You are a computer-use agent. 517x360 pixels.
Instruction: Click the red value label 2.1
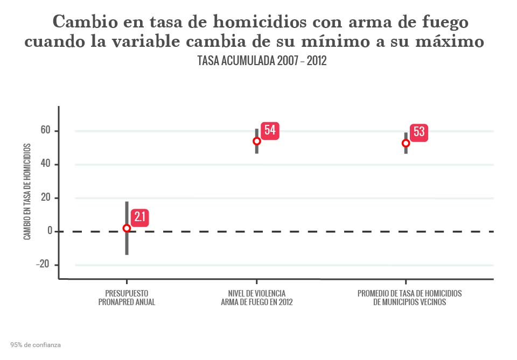(139, 217)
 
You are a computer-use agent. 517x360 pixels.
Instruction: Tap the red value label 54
(270, 130)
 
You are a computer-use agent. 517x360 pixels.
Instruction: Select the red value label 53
(419, 132)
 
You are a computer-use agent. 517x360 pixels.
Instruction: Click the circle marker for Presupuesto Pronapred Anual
(127, 228)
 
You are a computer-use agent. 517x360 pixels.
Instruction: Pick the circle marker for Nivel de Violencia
(257, 141)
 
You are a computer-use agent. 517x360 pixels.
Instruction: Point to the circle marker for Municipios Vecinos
(406, 143)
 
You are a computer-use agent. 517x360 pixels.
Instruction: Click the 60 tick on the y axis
(44, 131)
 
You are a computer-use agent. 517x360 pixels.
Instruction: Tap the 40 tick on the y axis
(44, 164)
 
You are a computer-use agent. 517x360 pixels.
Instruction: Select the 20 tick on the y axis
(44, 198)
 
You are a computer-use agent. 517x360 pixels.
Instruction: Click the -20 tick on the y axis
(43, 265)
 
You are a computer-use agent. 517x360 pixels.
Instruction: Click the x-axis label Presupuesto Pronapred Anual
(127, 298)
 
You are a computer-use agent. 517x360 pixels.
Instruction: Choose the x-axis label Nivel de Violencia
(256, 298)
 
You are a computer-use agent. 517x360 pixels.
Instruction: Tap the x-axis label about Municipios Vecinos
(409, 298)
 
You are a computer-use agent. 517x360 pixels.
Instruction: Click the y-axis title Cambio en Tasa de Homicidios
(27, 192)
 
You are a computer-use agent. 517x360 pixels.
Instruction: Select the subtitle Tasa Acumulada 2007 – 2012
(262, 61)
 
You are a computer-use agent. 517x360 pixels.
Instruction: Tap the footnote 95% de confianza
(36, 344)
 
